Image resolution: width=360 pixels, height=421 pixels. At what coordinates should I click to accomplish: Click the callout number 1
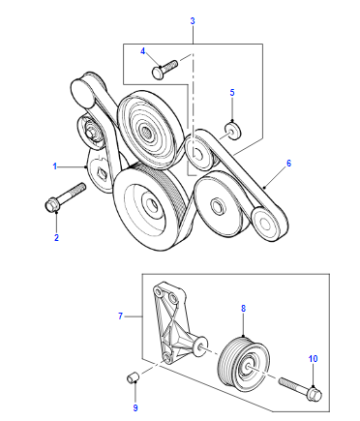point(55,166)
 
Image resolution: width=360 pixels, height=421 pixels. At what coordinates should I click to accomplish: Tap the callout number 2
point(56,238)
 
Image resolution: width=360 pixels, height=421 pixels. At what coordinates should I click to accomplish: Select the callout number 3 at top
point(192,21)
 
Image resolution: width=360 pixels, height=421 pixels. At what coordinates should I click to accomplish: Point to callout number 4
point(143,51)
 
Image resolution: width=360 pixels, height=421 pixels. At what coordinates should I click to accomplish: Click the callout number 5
point(232,92)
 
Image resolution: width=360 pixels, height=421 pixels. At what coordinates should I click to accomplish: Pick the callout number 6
point(289,163)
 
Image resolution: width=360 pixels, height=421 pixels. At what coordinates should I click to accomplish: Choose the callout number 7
point(120,316)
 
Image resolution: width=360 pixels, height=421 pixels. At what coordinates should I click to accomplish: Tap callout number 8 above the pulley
point(243,308)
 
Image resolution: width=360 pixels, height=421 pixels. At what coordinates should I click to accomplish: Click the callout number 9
point(135,408)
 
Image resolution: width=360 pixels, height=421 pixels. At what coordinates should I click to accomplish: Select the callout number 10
point(313,359)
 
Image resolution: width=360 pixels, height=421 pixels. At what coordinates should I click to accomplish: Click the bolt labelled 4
point(165,68)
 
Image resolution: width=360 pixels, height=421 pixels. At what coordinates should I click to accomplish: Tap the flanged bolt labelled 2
point(65,197)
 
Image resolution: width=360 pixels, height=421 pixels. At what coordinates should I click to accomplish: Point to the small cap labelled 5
point(233,130)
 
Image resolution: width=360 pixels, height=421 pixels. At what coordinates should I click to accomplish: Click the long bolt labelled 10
point(300,389)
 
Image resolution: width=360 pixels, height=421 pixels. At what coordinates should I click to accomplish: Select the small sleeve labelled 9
point(132,378)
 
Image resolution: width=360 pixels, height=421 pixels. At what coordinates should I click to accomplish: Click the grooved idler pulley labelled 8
point(245,364)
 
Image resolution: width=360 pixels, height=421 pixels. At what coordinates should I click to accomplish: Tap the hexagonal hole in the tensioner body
point(100,174)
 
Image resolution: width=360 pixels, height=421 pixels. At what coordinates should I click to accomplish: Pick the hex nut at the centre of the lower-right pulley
point(216,204)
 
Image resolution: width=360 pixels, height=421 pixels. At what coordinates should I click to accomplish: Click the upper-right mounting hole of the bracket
point(172,297)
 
